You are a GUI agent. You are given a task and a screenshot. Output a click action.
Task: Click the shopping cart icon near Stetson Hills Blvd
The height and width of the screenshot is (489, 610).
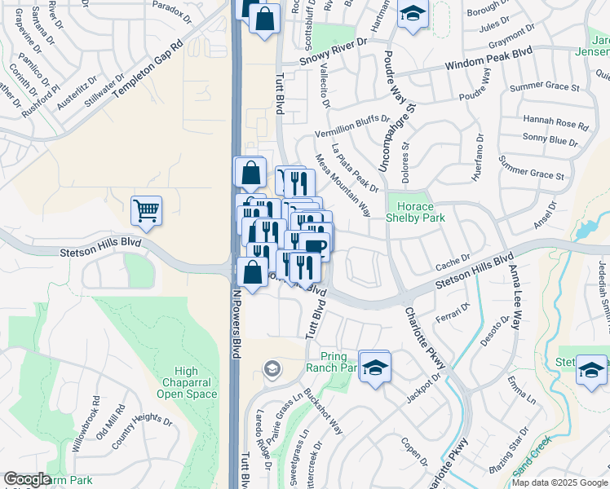click(x=146, y=210)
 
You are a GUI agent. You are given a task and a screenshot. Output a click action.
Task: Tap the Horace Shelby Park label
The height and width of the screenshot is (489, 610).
click(x=416, y=212)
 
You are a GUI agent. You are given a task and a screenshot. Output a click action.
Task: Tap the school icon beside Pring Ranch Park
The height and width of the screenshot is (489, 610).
click(x=374, y=366)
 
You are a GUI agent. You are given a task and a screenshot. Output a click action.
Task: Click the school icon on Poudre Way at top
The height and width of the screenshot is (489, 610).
click(x=413, y=14)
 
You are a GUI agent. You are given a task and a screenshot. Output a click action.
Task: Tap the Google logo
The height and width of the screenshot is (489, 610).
click(x=26, y=479)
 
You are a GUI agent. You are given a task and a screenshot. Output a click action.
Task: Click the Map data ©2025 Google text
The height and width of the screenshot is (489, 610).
click(x=559, y=482)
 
